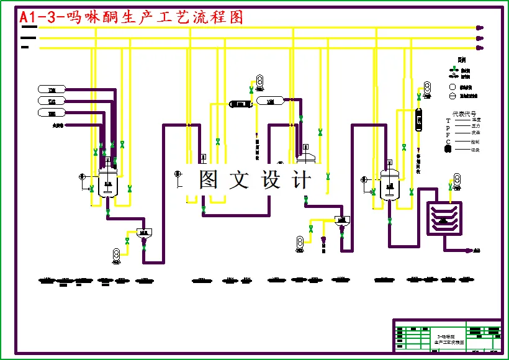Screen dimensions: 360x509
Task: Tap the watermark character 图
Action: tap(208, 179)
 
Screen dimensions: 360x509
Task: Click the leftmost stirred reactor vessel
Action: tap(109, 182)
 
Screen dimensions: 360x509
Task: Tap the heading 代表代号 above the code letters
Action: tap(464, 114)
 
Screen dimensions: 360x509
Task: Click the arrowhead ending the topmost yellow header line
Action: tap(479, 27)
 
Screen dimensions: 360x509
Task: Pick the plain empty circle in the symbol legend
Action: tap(453, 87)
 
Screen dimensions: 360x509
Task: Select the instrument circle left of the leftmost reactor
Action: tap(83, 178)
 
